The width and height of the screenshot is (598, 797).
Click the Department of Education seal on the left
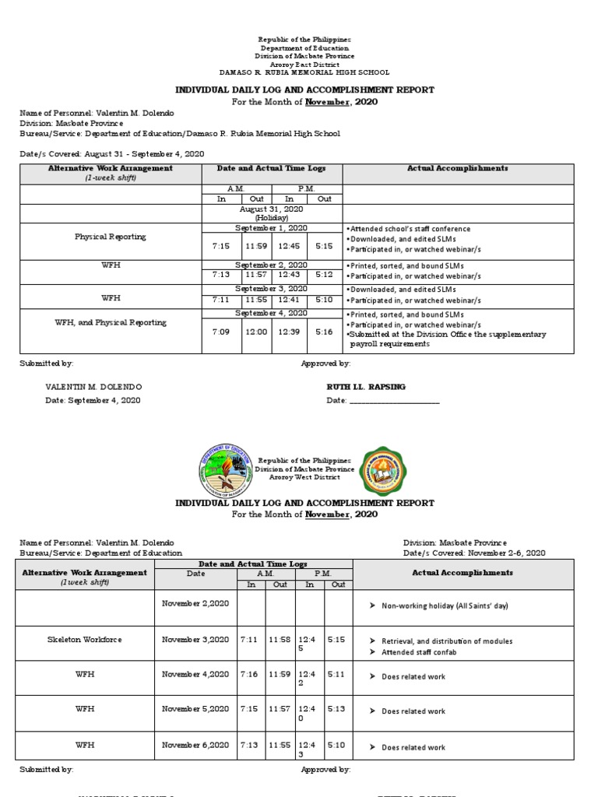[x=227, y=469]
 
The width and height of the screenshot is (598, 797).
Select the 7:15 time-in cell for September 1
[x=221, y=247]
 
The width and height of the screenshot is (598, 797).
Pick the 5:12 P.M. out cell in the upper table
[x=325, y=275]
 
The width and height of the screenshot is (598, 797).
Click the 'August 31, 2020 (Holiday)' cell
[x=273, y=213]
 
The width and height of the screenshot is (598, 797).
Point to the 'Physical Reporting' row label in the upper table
[x=110, y=237]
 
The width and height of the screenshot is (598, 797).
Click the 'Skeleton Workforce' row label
[x=84, y=640]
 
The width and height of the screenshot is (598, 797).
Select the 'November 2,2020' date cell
[x=195, y=602]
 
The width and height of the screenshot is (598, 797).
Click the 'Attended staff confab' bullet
[x=419, y=652]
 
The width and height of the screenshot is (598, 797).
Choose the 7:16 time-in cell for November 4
[x=251, y=674]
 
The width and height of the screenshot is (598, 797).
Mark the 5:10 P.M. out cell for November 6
[x=336, y=746]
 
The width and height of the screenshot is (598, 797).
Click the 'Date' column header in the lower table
[x=195, y=573]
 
